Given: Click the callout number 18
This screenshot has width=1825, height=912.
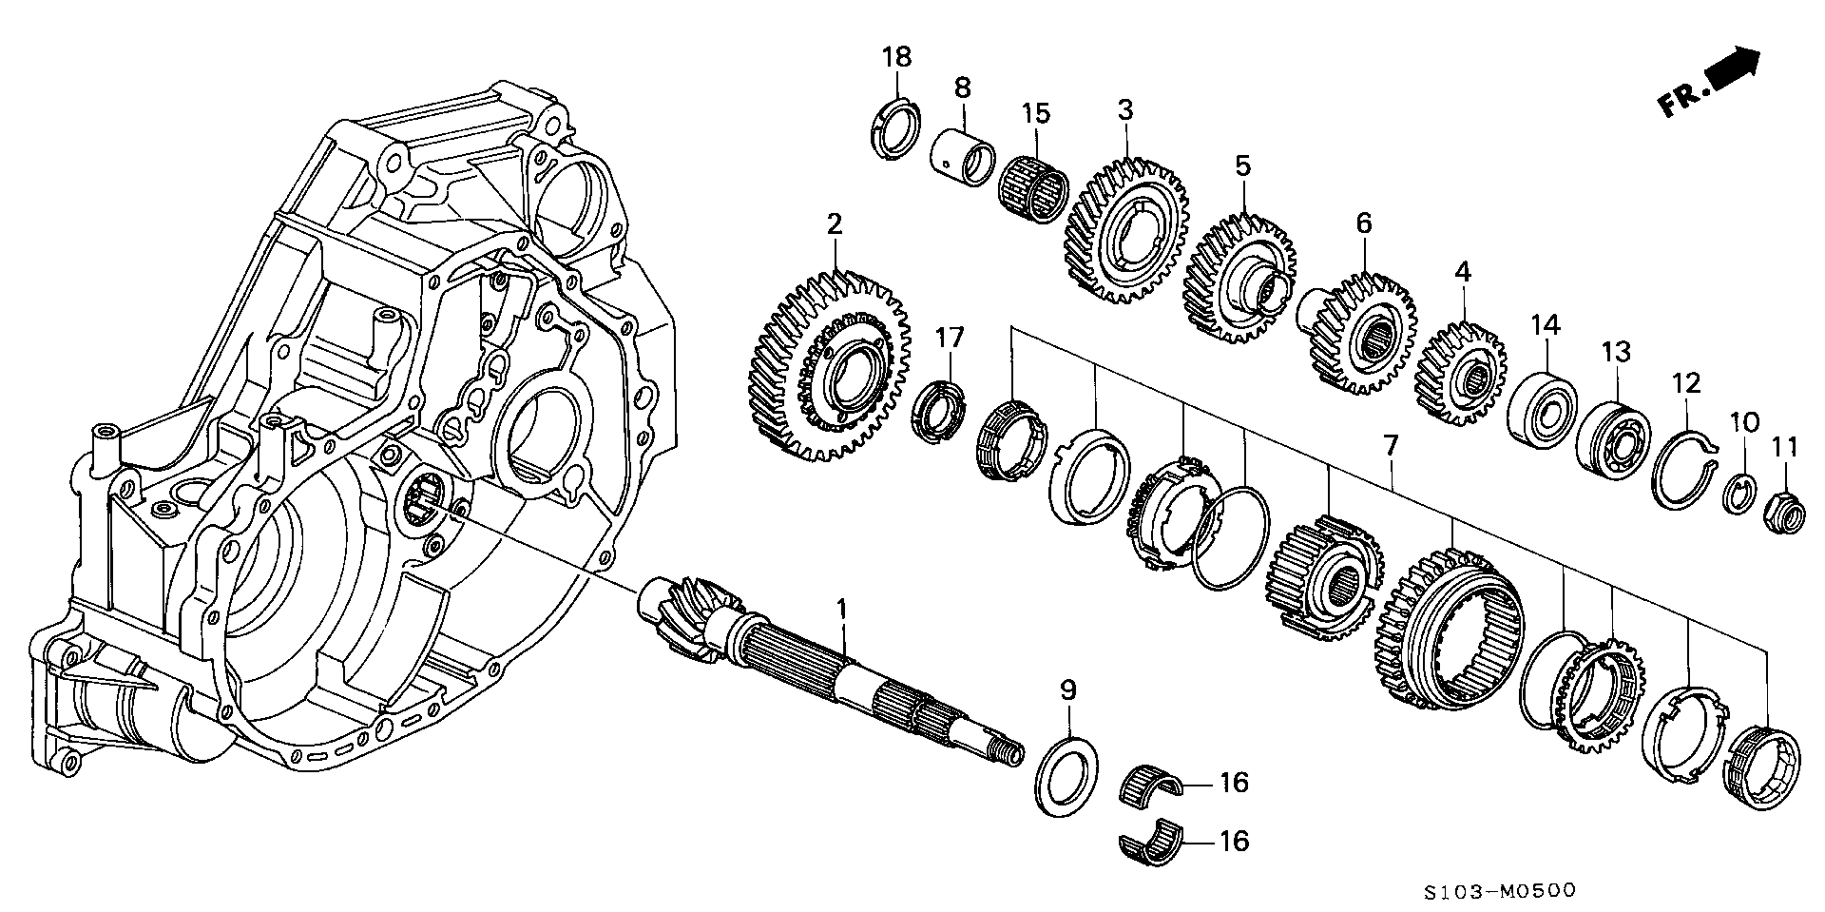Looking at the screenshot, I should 895,56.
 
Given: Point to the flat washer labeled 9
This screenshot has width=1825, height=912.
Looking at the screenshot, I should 1066,774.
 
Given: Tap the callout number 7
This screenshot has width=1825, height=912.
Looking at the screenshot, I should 1390,443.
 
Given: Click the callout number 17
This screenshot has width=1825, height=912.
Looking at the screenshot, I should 948,337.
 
